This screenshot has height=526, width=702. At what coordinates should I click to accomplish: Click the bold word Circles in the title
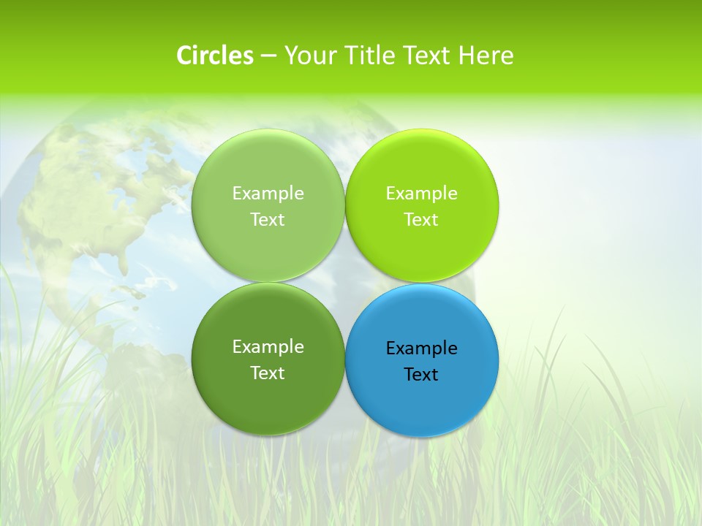214,56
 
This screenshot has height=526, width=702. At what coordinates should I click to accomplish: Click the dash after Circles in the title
268,56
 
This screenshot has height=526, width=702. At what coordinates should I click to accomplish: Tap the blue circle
421,402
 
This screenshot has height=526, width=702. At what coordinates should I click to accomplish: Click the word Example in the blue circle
421,348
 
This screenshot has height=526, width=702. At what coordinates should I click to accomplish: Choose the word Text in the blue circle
421,375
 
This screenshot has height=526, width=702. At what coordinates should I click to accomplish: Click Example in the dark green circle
268,347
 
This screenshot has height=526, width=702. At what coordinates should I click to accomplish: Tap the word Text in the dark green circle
268,373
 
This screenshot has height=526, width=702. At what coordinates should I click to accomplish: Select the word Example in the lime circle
421,194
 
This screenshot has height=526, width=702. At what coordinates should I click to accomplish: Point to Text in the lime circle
421,220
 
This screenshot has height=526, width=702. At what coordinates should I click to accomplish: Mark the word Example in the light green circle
268,194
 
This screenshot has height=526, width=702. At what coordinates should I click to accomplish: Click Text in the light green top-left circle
268,220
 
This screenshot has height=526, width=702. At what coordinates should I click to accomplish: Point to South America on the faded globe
146,365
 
